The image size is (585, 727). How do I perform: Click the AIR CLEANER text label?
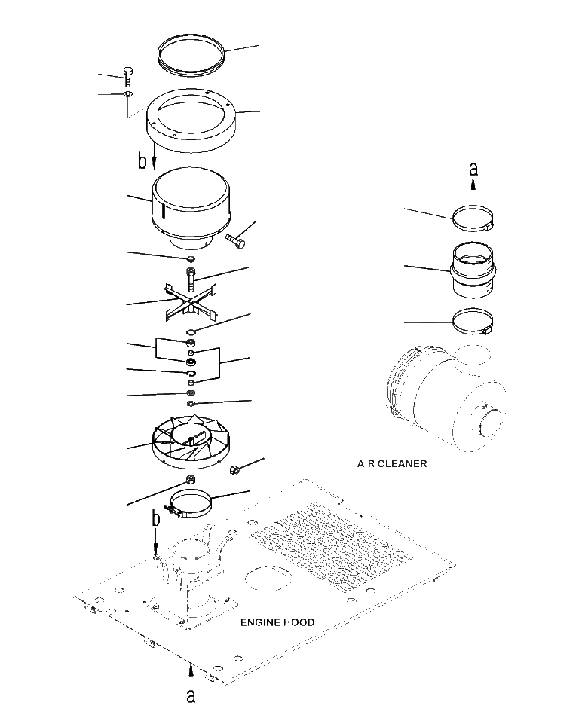391,464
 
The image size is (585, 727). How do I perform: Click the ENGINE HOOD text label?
277,622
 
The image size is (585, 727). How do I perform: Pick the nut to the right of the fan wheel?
234,469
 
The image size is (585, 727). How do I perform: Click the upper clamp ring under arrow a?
473,219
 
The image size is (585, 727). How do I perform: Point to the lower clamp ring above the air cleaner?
472,323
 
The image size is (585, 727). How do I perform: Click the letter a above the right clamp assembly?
473,170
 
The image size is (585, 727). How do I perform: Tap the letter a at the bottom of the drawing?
191,696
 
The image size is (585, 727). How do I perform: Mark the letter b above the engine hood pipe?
156,520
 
